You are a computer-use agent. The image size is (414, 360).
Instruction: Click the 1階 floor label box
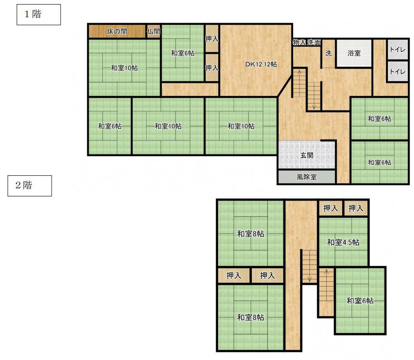click(39, 14)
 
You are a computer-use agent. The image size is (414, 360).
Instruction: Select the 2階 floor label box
click(29, 186)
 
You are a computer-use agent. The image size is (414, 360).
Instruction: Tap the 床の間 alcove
click(117, 31)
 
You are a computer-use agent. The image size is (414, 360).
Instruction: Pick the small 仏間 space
click(153, 31)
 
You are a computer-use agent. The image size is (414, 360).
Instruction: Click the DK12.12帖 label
click(261, 64)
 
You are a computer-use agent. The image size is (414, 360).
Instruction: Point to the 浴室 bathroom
click(354, 53)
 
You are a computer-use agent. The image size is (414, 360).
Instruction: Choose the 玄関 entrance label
click(306, 155)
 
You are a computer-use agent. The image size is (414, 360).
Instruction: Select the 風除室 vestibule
click(306, 177)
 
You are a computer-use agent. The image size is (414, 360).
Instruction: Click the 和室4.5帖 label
click(343, 242)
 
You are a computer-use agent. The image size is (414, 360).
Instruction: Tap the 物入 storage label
click(300, 42)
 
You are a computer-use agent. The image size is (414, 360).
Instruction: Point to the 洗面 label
click(314, 42)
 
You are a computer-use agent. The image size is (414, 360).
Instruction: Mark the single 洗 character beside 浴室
click(328, 53)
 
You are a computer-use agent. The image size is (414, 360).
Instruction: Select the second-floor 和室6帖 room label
click(360, 301)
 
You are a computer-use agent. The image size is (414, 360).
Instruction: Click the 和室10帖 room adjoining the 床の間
click(124, 67)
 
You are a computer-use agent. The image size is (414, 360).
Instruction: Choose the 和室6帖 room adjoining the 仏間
click(182, 53)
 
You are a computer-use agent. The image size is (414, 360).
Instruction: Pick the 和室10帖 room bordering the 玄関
click(241, 126)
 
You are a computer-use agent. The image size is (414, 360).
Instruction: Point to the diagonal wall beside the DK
click(285, 86)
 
